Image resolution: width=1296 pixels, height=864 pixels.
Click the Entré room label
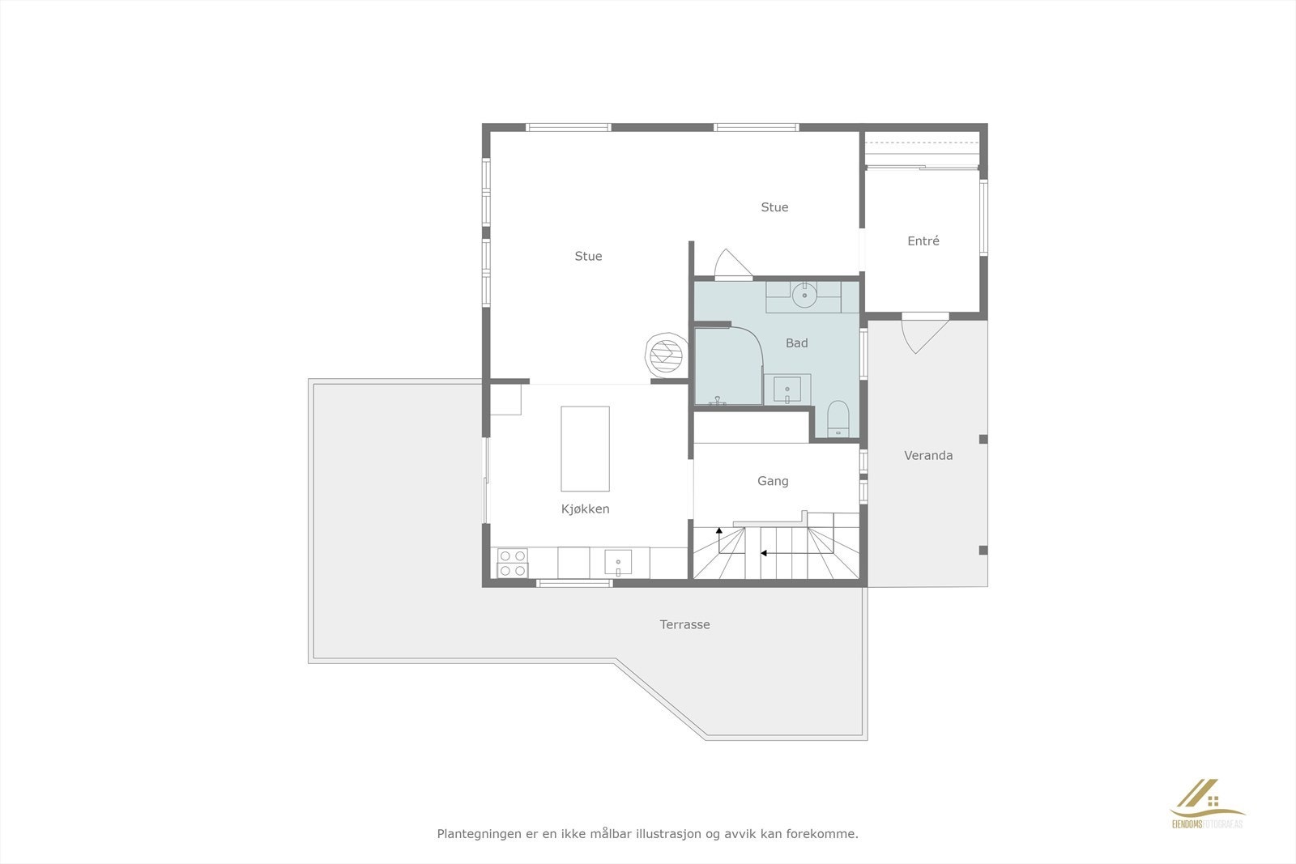click(x=923, y=241)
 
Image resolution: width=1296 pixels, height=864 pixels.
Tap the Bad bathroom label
click(x=796, y=343)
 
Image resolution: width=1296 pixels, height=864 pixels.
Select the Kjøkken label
click(x=585, y=509)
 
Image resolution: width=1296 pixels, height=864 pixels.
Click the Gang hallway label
click(x=773, y=481)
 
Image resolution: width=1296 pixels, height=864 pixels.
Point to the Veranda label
click(x=928, y=456)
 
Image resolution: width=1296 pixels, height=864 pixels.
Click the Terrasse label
click(x=684, y=624)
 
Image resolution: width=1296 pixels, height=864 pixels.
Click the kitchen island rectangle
click(x=585, y=449)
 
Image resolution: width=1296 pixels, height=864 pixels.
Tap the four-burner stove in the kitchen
click(x=513, y=563)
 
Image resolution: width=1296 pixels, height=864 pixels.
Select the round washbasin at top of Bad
click(x=804, y=296)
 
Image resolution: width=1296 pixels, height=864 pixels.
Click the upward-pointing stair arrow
click(x=719, y=531)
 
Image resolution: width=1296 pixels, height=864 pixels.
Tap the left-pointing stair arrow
click(x=764, y=554)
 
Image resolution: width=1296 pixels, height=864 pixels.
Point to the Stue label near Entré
click(x=774, y=207)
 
